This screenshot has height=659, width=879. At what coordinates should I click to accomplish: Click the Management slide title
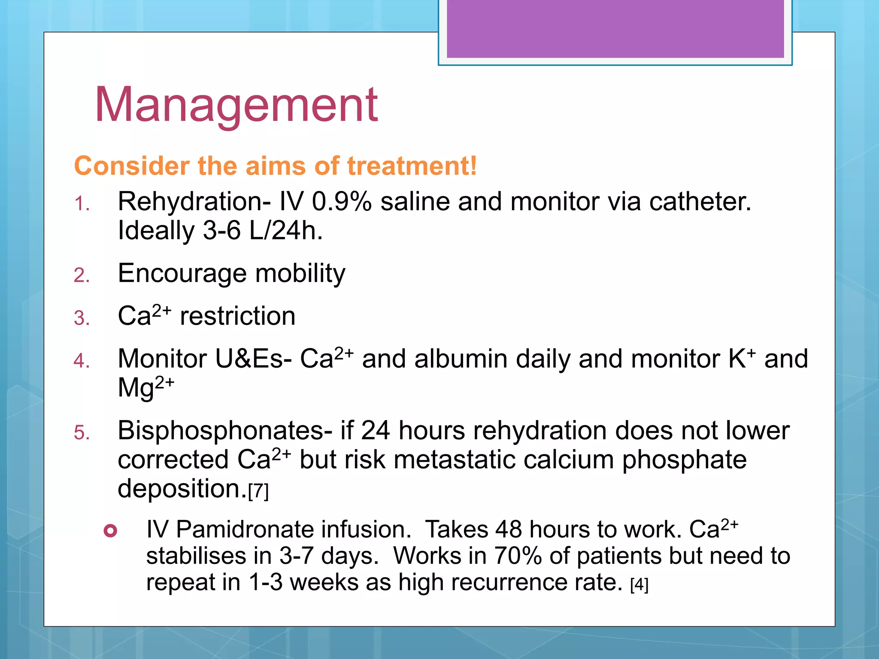pos(236,105)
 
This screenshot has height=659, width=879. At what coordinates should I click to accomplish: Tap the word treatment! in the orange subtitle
pos(412,166)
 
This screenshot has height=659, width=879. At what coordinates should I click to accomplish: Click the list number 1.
pos(82,204)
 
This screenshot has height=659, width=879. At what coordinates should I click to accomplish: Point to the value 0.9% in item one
pos(342,202)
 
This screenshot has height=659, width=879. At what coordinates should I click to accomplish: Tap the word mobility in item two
pos(300,273)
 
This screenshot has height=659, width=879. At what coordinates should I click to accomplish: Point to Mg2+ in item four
pos(146,387)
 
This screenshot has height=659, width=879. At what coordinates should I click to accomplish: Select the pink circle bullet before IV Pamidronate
pos(110,531)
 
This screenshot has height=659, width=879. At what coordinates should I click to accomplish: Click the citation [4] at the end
pos(639,584)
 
